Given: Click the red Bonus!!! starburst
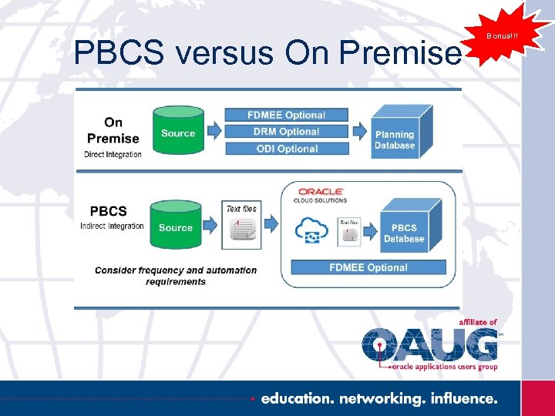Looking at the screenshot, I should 502,35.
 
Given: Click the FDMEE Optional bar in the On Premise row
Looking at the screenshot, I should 286,115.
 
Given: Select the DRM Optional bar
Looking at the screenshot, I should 286,132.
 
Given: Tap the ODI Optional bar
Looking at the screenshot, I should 286,149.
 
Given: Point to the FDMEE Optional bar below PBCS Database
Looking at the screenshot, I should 368,267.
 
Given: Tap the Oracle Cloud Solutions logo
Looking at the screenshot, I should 321,193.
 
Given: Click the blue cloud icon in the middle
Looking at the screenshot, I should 312,230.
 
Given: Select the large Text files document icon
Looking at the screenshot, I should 240,230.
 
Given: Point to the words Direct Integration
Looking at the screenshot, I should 113,154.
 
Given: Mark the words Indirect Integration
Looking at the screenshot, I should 112,226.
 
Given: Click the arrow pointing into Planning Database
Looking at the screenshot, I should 359,132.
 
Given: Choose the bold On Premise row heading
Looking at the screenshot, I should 113,130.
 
